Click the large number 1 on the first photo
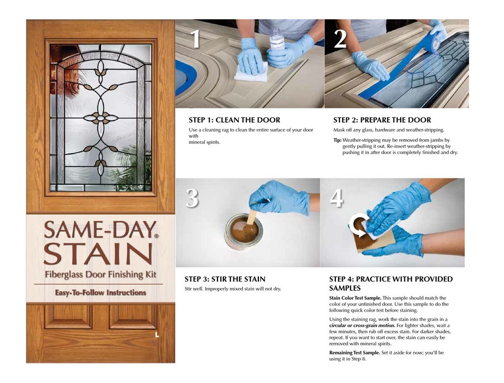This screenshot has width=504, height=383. pyautogui.click(x=195, y=40)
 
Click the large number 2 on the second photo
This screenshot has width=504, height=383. pyautogui.click(x=341, y=40)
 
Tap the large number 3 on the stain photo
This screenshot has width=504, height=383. pyautogui.click(x=192, y=199)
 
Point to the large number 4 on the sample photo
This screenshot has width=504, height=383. pyautogui.click(x=337, y=198)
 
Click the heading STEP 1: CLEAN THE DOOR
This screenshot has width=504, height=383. pyautogui.click(x=234, y=120)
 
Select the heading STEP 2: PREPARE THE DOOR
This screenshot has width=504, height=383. pyautogui.click(x=382, y=120)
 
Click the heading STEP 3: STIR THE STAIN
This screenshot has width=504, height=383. pyautogui.click(x=225, y=279)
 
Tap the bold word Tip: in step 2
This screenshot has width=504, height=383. pyautogui.click(x=337, y=139)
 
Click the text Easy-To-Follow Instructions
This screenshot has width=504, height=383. pyautogui.click(x=101, y=293)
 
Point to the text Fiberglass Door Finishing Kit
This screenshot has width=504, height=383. pyautogui.click(x=101, y=275)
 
